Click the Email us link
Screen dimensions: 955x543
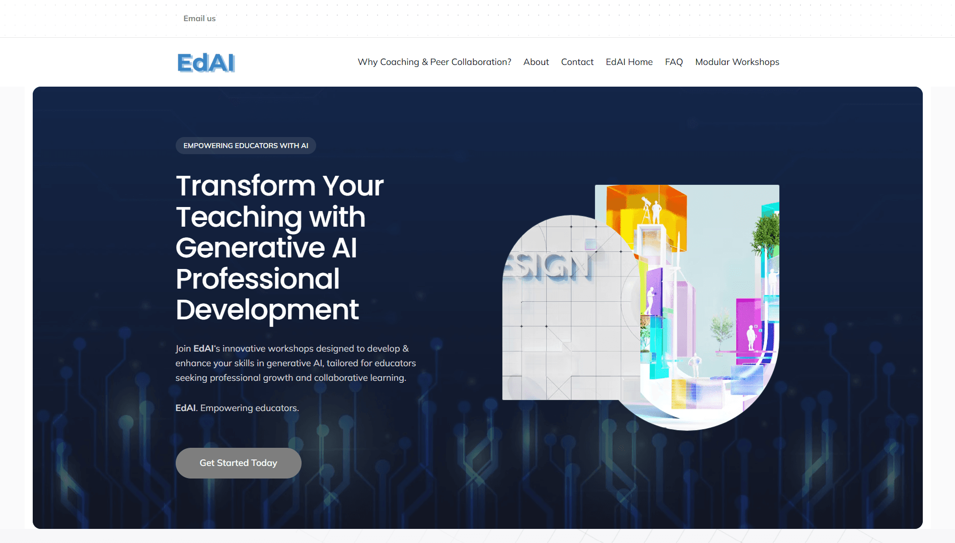coord(199,19)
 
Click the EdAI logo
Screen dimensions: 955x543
coord(206,63)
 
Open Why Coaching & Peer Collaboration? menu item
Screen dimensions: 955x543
coord(434,62)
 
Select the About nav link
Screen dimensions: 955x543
coord(536,62)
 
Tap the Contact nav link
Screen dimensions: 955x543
coord(577,62)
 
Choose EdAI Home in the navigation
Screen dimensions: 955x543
coord(629,62)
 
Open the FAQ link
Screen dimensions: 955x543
coord(674,62)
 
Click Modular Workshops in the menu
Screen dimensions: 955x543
coord(737,62)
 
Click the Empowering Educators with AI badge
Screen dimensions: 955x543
coord(246,146)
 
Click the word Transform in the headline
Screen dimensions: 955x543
coord(246,186)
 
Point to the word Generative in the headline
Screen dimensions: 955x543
coord(250,248)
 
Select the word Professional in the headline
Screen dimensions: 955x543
coord(258,279)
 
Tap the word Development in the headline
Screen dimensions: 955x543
coord(267,310)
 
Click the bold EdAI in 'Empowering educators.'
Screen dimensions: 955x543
coord(185,408)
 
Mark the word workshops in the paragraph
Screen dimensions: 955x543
coord(290,349)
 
